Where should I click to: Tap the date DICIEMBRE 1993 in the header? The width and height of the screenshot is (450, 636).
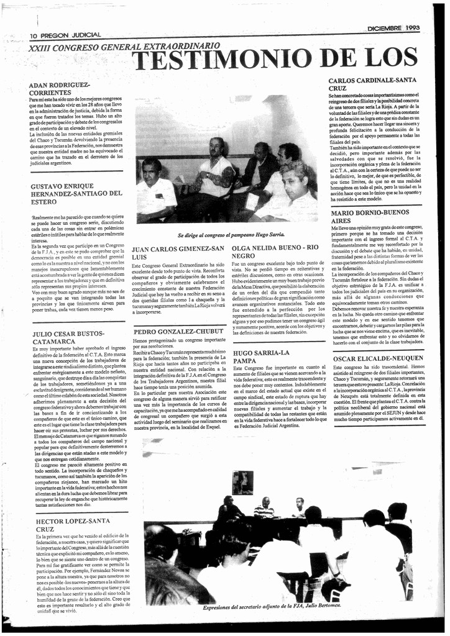393,28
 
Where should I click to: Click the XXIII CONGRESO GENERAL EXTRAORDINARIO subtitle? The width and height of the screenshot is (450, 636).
124,47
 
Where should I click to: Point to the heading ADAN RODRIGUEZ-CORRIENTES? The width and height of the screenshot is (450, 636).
60,88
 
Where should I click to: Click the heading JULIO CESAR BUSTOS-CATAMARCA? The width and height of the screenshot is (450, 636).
68,337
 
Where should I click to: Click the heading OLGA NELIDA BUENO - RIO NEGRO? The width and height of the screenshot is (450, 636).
275,251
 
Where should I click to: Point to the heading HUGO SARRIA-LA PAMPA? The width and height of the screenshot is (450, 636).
261,357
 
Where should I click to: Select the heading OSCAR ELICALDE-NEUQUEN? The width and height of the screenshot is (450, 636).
378,358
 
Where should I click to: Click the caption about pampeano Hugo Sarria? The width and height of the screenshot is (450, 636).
231,235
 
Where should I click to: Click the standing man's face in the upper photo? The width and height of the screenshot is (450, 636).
216,147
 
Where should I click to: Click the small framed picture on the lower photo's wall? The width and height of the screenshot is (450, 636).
242,481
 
